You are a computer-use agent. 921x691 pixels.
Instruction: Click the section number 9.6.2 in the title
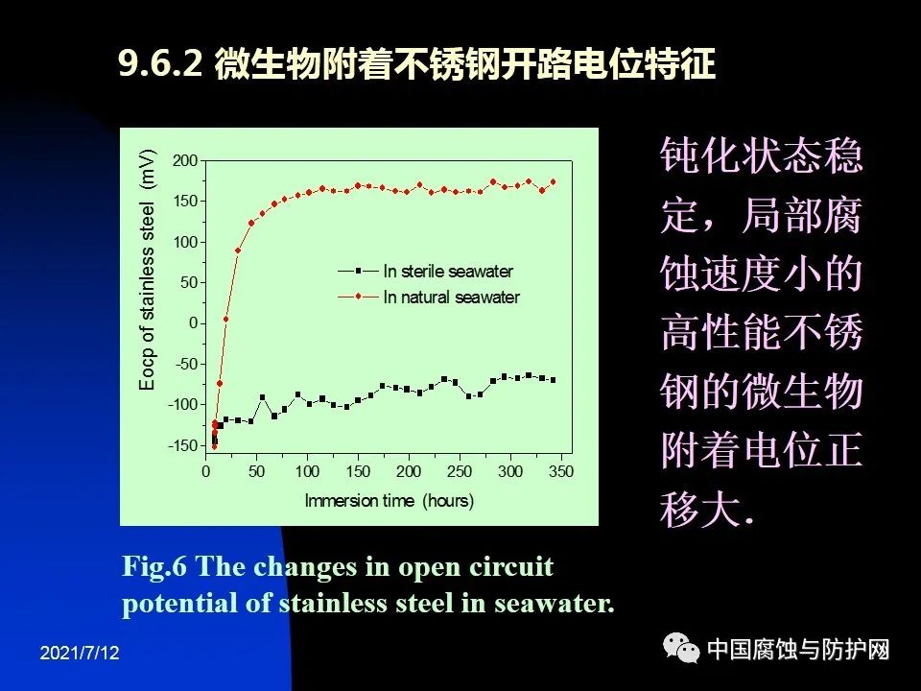coord(159,64)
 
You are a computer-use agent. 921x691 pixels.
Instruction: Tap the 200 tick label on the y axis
coord(185,159)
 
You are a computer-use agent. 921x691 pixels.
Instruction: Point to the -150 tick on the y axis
coord(182,445)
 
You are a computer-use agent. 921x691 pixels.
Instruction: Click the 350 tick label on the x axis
coord(561,471)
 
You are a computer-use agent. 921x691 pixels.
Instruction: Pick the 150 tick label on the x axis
coord(358,471)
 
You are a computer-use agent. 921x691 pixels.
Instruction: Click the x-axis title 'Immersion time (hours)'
coord(390,500)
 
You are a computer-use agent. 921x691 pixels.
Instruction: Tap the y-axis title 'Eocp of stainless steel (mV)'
coord(147,271)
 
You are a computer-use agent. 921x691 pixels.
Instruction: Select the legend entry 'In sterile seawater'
coord(448,272)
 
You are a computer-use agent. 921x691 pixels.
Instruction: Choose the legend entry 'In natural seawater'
coord(451,298)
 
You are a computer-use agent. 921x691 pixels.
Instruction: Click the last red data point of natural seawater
coord(553,182)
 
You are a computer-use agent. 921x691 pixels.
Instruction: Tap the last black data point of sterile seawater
coord(553,380)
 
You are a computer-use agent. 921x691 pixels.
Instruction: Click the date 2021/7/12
coord(81,653)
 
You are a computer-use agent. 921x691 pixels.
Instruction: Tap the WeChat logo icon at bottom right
coord(684,651)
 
